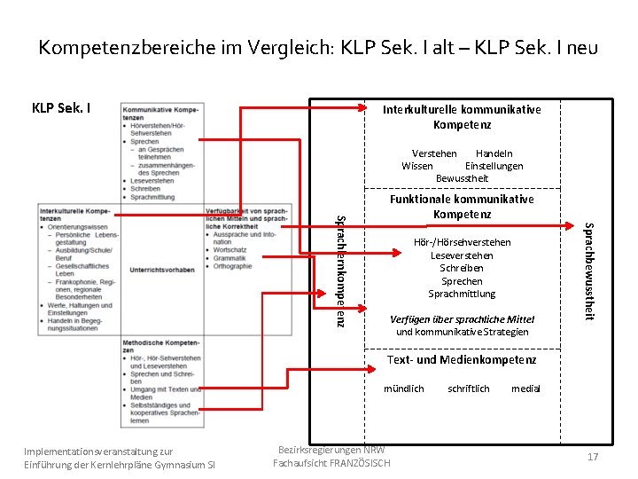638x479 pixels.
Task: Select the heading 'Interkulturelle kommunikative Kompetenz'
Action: point(461,117)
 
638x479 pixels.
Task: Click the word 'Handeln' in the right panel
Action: point(494,153)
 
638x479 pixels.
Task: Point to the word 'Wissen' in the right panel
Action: point(417,166)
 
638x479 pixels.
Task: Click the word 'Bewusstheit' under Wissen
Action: point(461,178)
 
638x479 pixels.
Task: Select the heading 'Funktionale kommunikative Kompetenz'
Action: point(462,206)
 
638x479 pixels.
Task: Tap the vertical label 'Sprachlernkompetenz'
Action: point(339,266)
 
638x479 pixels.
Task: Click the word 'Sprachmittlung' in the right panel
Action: point(462,294)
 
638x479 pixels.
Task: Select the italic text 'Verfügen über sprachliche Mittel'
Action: point(463,318)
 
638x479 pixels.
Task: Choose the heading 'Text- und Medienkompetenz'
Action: point(461,359)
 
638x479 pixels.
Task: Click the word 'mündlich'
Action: point(403,389)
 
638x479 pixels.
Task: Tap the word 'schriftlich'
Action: point(468,389)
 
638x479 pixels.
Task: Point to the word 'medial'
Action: point(525,389)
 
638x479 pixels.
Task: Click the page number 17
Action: point(593,457)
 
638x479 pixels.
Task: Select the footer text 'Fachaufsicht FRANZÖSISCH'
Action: point(331,463)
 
